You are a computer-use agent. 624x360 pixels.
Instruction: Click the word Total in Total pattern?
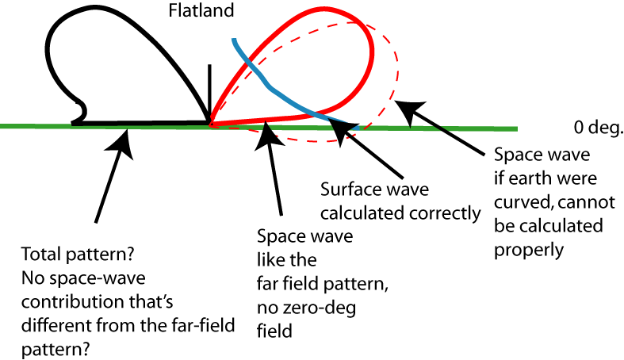pyautogui.click(x=40, y=257)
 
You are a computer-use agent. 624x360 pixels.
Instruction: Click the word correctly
pyautogui.click(x=450, y=212)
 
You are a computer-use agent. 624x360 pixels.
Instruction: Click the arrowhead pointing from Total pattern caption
pyautogui.click(x=122, y=142)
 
